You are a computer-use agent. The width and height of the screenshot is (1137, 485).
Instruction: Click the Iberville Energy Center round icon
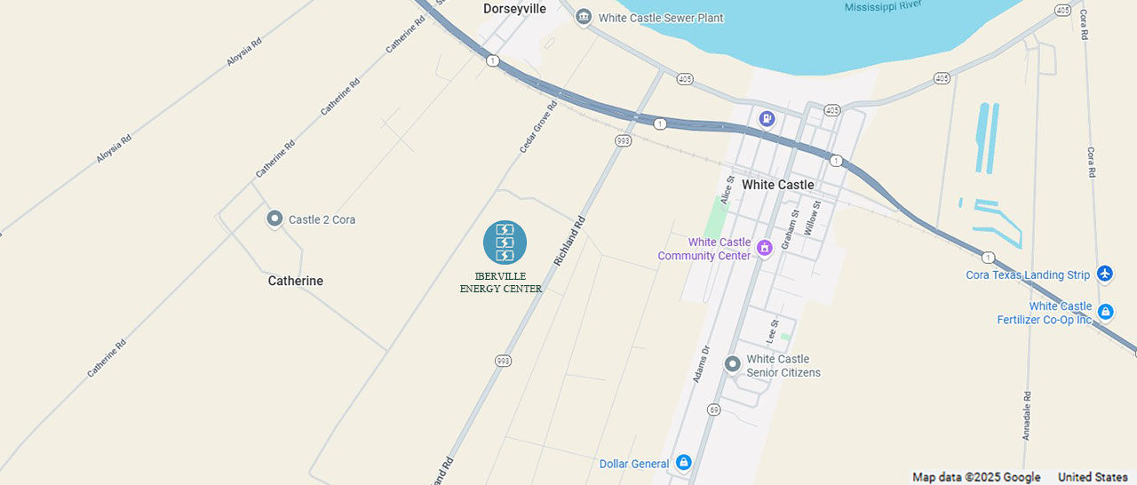point(505,242)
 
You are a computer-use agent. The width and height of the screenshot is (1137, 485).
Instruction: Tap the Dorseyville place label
point(514,9)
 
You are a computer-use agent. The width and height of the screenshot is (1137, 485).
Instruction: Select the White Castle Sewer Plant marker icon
point(584,17)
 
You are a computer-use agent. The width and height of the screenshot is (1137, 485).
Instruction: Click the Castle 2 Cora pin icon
point(274,219)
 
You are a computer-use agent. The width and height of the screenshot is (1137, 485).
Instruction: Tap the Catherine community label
point(296,281)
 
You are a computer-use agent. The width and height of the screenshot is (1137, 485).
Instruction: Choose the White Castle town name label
point(777,185)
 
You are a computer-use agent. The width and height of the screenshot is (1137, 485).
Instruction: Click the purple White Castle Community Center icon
point(764,248)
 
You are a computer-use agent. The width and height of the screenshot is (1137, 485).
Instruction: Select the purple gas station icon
point(767,118)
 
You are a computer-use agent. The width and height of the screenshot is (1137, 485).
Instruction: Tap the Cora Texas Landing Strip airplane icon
point(1105,274)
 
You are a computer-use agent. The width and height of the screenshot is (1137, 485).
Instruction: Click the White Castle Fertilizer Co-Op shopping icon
point(1105,312)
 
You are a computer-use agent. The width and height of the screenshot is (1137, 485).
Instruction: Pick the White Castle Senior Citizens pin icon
point(732,364)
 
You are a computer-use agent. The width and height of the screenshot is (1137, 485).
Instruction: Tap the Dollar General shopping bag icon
point(683,463)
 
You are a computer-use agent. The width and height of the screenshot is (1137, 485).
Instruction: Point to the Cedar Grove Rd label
point(538,126)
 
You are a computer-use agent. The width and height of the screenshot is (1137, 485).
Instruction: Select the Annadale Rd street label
point(1027,417)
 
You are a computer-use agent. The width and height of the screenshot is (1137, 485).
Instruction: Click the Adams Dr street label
point(702,364)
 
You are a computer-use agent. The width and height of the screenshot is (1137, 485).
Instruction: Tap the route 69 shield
point(713,409)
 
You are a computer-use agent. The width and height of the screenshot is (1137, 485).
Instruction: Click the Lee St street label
point(772,331)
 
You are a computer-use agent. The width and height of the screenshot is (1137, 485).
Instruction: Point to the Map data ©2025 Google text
point(976,477)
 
